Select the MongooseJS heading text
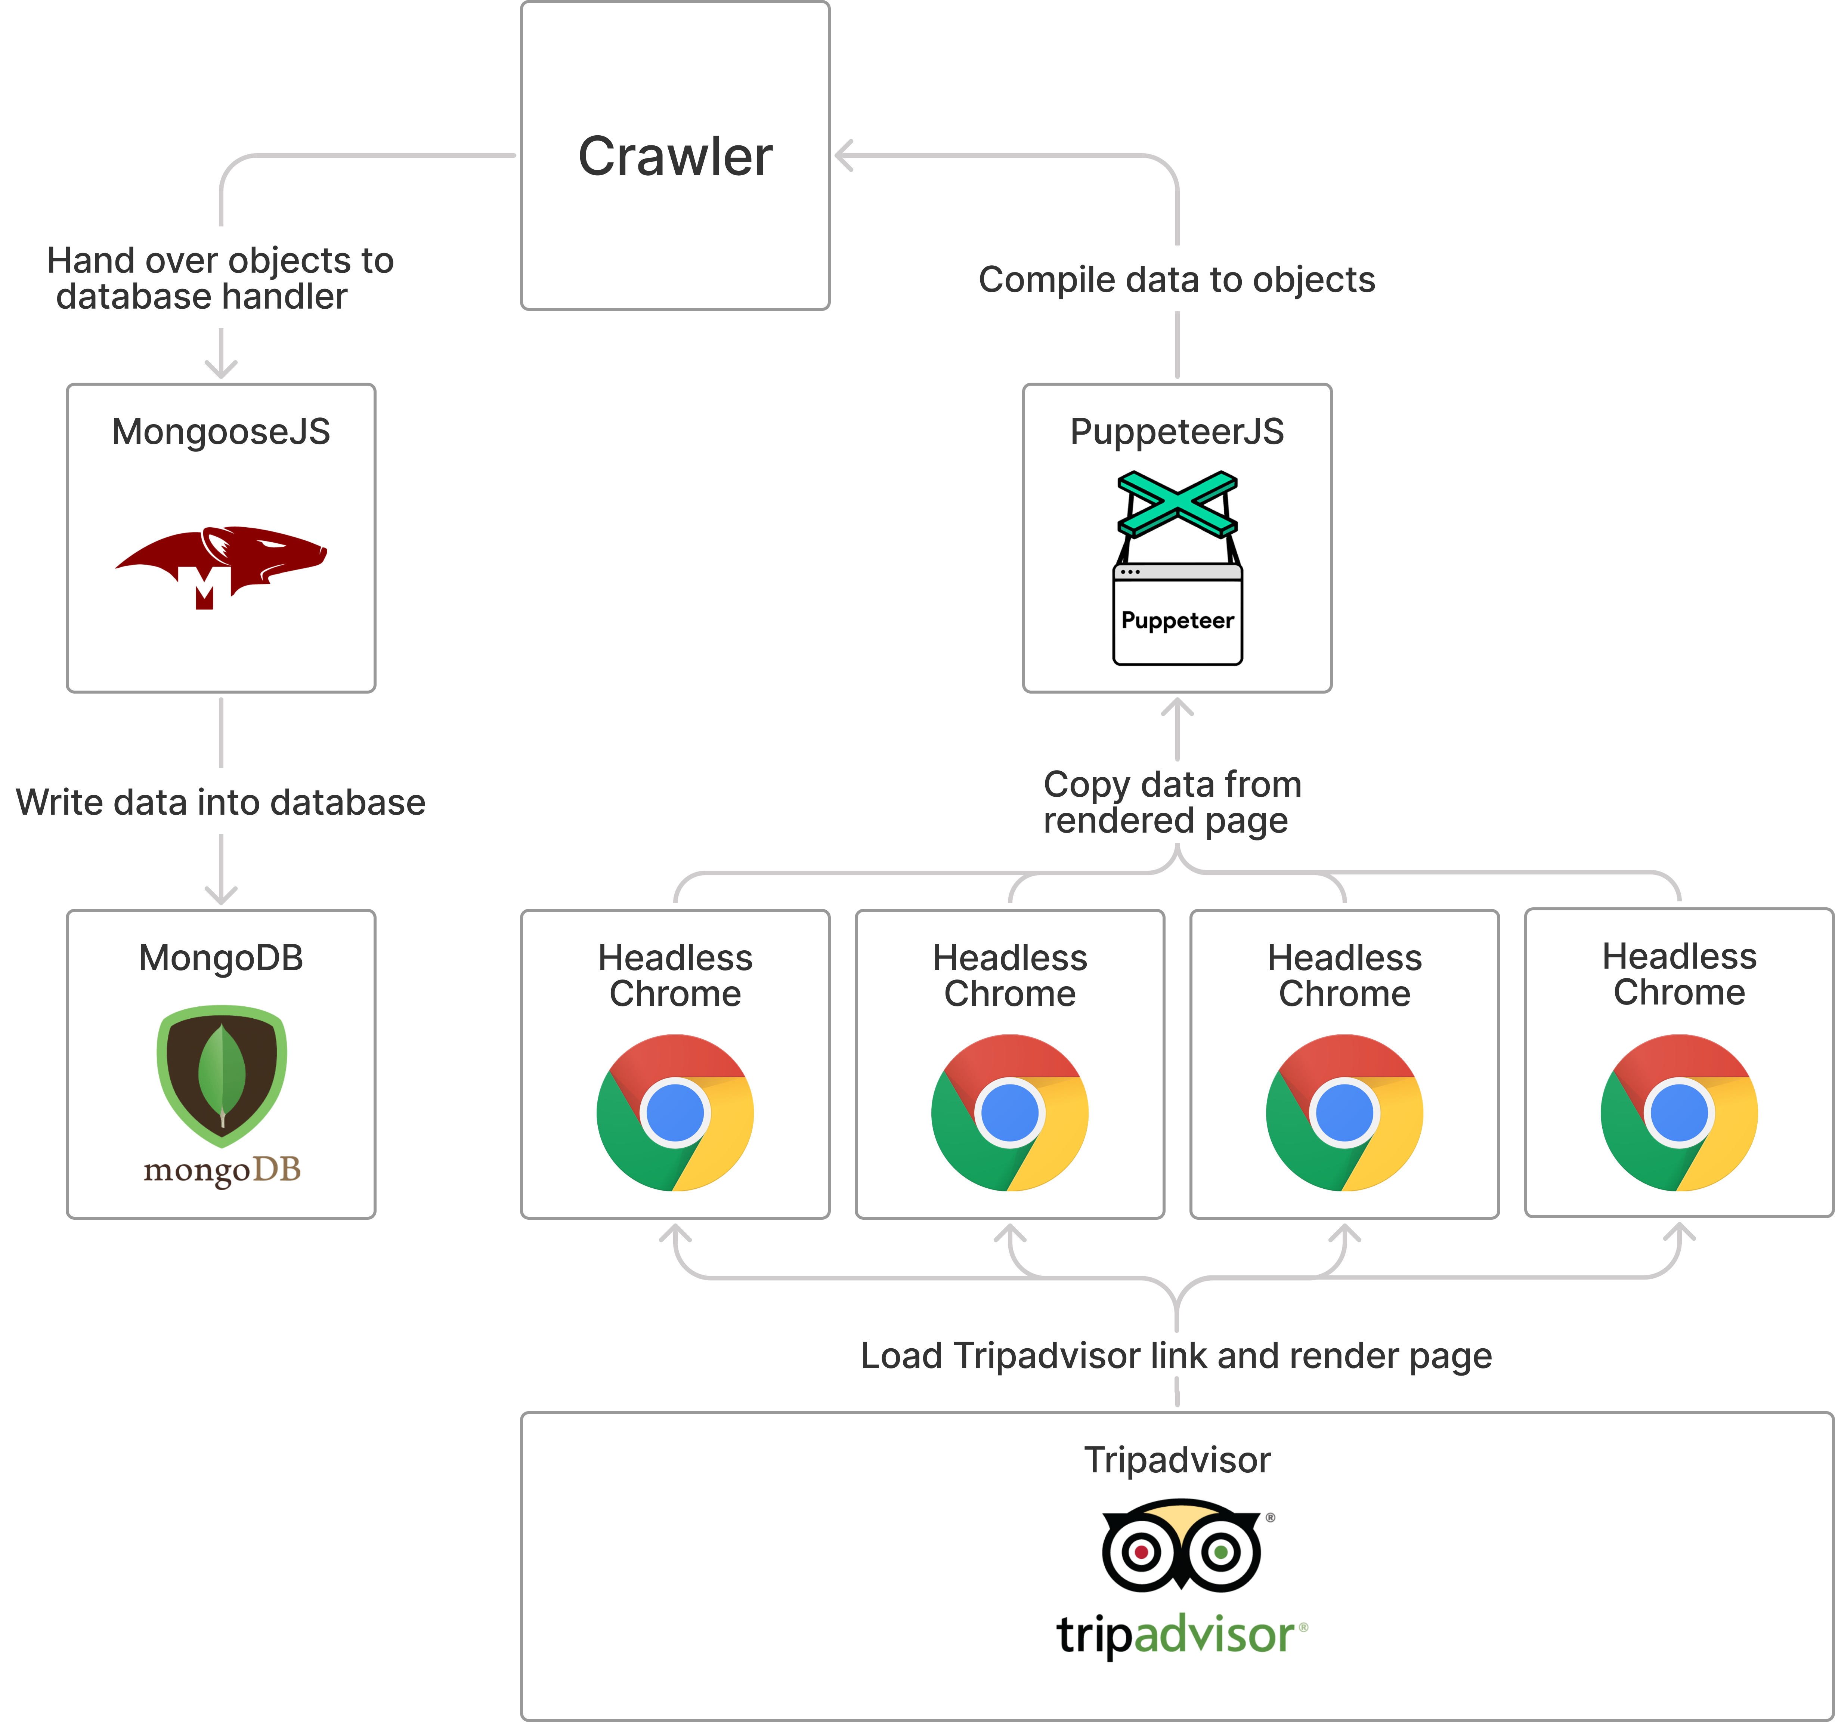click(221, 431)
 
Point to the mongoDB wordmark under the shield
click(222, 1170)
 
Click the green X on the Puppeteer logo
click(1177, 504)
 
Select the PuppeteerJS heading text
click(1177, 431)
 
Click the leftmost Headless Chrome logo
click(675, 1112)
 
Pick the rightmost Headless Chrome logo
click(1679, 1112)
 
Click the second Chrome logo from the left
click(1010, 1112)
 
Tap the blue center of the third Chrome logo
click(1344, 1112)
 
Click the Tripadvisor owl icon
click(1182, 1547)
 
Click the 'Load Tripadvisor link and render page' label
click(1176, 1355)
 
